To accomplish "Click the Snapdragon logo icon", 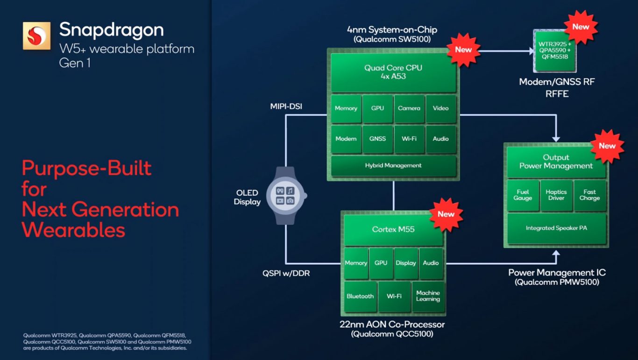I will [x=36, y=36].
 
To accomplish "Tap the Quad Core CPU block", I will [x=393, y=72].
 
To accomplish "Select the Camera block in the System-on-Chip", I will [x=409, y=108].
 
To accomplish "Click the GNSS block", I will [x=377, y=139].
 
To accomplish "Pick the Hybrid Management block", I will [x=393, y=166].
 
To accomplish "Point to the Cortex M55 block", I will [x=393, y=230].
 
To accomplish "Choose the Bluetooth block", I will [x=360, y=296].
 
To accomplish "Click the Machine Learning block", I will [x=428, y=296].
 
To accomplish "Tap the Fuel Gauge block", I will [x=523, y=195].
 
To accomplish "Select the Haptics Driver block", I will [x=556, y=195].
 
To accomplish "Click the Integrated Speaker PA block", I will [x=556, y=228].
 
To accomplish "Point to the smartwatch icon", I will [x=285, y=196].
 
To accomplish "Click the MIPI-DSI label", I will [x=286, y=106].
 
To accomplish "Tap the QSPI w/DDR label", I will [x=286, y=273].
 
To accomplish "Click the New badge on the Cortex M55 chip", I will [x=446, y=214].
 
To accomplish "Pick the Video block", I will [x=440, y=108].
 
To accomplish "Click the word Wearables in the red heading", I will [x=74, y=230].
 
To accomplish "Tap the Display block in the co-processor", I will [x=406, y=263].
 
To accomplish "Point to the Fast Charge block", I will [x=589, y=195].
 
